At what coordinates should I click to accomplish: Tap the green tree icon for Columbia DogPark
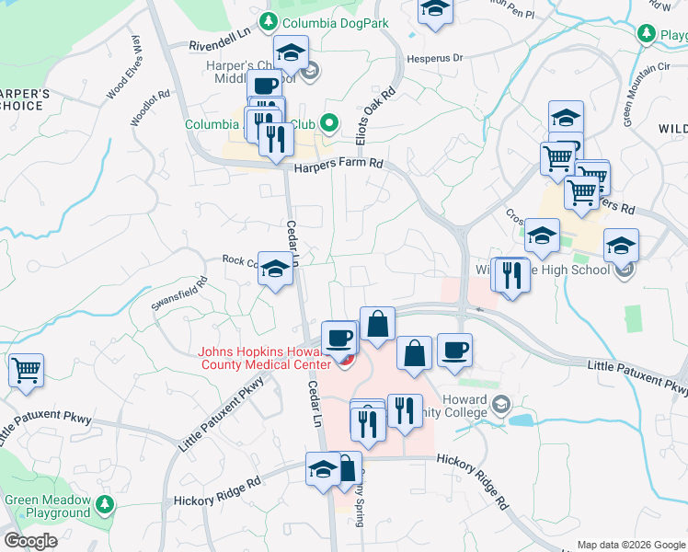[x=268, y=20]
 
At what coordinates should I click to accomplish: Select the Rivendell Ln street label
[x=220, y=44]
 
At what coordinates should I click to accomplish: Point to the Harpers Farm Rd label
[x=338, y=167]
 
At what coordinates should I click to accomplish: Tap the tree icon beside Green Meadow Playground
[x=106, y=504]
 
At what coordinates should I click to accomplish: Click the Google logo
[x=30, y=541]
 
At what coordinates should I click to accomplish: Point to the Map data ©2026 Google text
[x=630, y=545]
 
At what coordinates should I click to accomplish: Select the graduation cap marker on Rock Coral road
[x=274, y=268]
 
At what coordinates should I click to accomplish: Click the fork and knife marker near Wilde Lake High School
[x=511, y=275]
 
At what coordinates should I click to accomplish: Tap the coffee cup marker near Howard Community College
[x=454, y=350]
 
